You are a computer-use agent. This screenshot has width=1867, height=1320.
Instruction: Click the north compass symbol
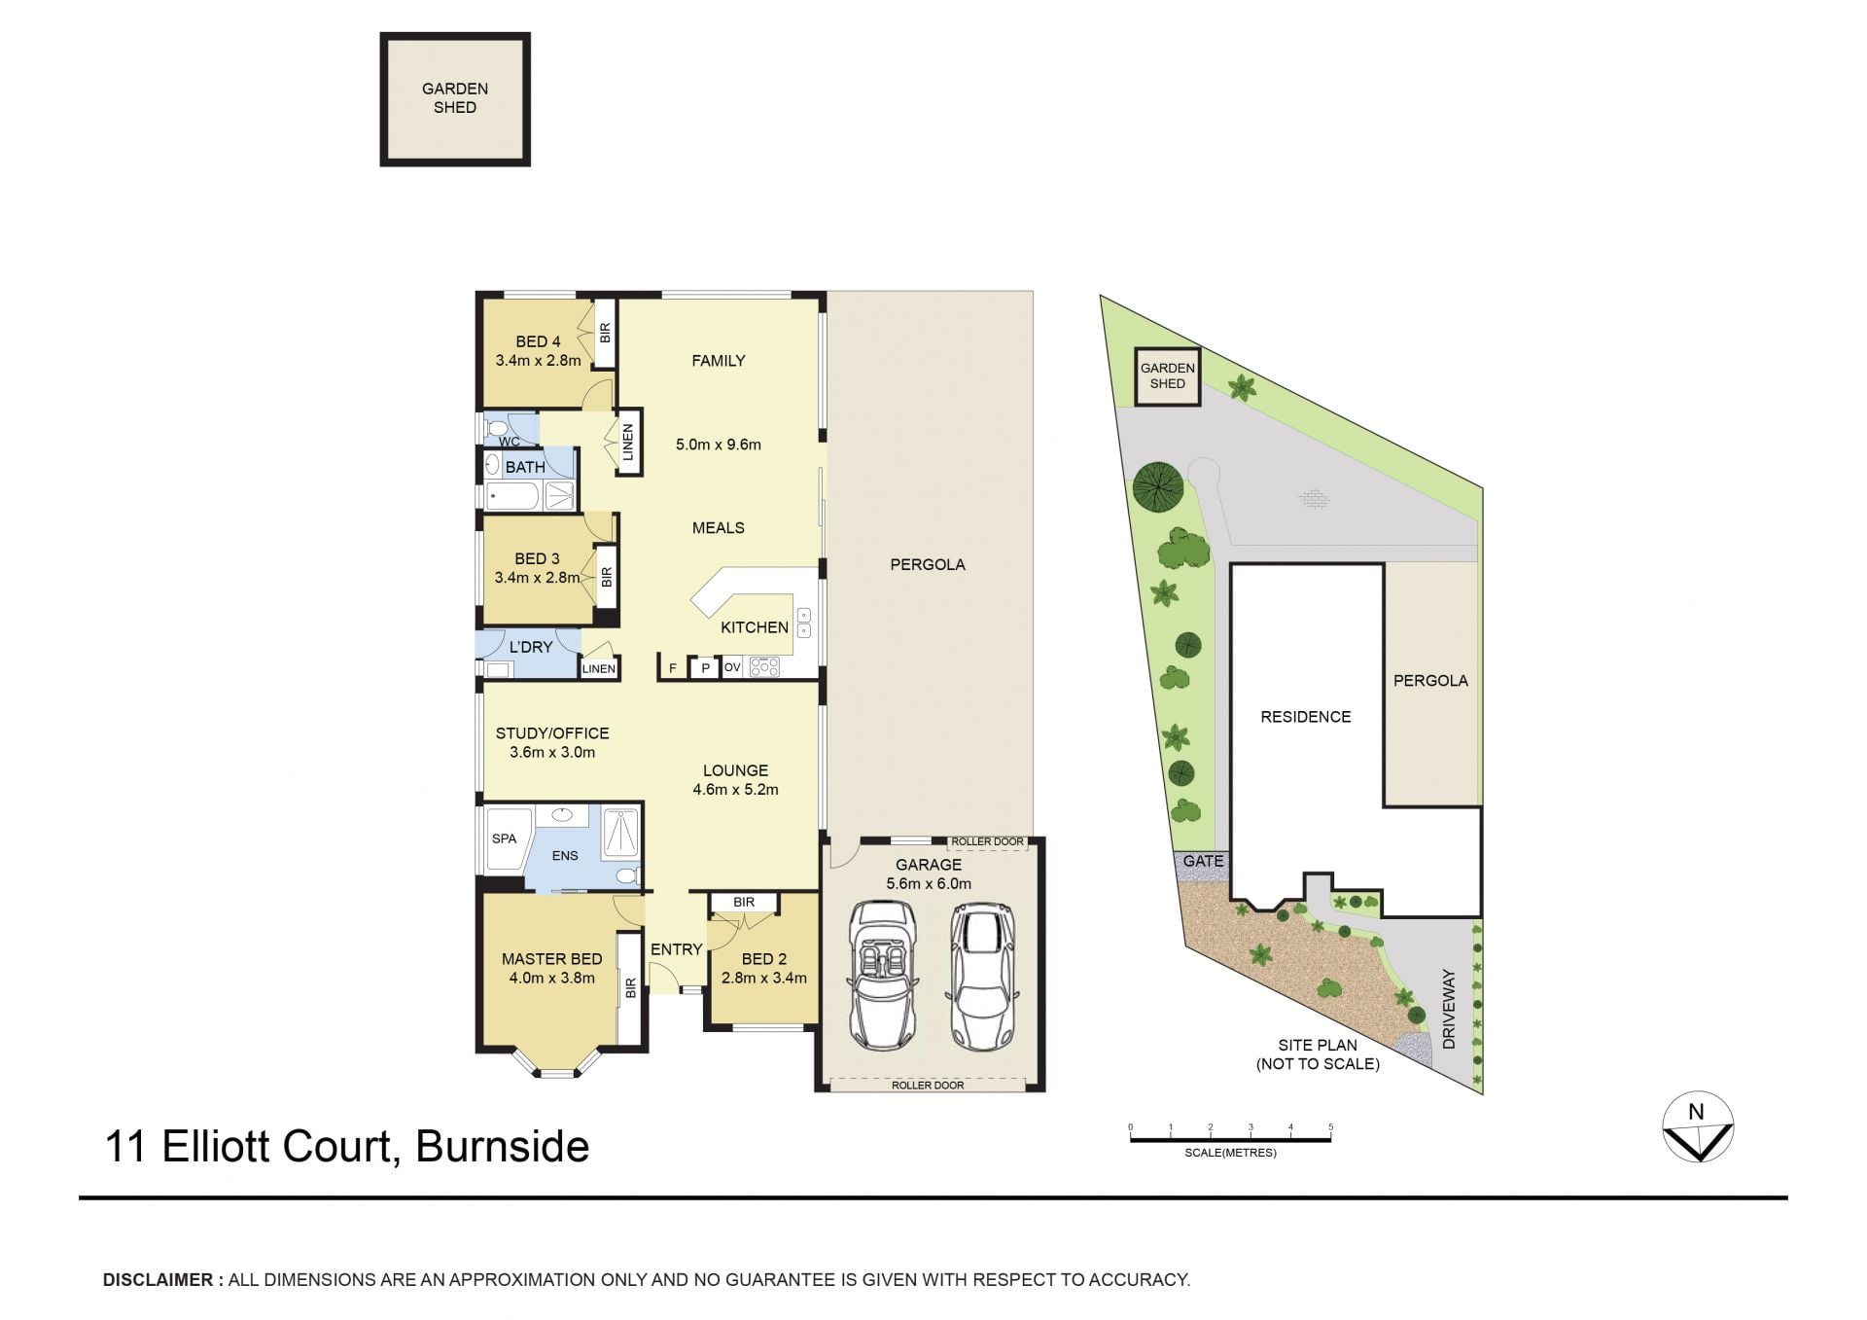tap(1698, 1126)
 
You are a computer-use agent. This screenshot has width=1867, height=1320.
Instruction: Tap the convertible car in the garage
tap(883, 976)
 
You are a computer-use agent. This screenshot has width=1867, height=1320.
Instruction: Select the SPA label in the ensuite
tap(504, 838)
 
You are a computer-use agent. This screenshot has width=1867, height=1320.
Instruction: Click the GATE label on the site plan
tap(1203, 861)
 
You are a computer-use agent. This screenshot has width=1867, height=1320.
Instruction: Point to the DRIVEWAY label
tap(1449, 1009)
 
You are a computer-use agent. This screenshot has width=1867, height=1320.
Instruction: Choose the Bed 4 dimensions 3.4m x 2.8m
tap(538, 361)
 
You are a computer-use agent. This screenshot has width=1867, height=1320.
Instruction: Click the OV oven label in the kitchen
tap(732, 667)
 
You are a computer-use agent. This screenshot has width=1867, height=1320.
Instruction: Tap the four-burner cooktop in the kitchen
tap(764, 666)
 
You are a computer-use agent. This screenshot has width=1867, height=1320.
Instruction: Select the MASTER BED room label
tap(551, 959)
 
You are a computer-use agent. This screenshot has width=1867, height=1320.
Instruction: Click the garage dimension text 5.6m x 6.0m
tap(929, 883)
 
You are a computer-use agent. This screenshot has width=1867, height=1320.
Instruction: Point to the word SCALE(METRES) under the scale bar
tap(1230, 1153)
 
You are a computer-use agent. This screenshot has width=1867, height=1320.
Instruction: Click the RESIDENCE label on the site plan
tap(1306, 717)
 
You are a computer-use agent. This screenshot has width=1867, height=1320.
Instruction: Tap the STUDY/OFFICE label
tap(552, 733)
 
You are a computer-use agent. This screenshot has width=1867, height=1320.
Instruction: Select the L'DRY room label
tap(531, 647)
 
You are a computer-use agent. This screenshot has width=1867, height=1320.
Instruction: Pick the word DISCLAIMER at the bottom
tap(158, 1280)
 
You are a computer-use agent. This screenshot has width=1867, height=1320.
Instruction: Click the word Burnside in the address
tap(502, 1146)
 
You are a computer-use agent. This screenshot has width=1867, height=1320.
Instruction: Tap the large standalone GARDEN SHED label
tap(455, 98)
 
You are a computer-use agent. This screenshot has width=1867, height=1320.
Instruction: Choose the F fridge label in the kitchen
tap(672, 668)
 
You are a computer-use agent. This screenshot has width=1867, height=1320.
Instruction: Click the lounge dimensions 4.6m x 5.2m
tap(735, 790)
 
